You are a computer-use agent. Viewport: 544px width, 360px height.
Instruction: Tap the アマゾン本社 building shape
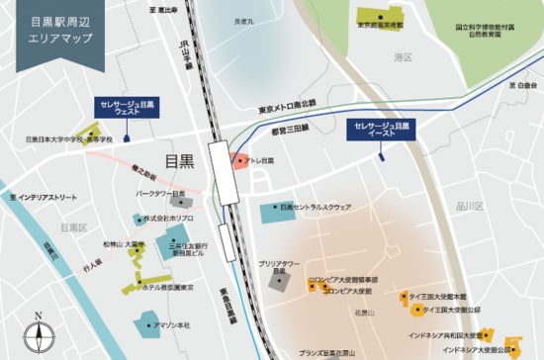point(148,321)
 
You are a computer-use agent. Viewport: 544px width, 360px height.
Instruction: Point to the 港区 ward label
point(402,58)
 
